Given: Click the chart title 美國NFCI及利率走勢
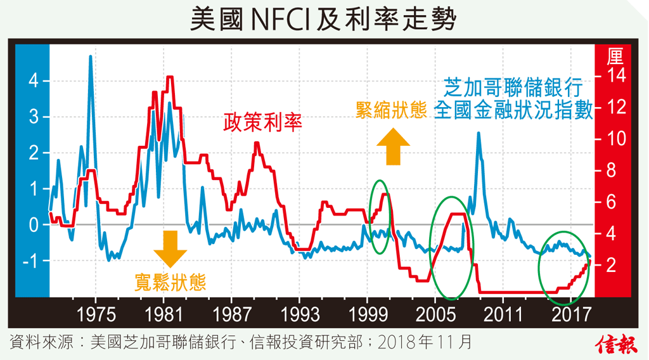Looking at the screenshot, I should tap(324, 20).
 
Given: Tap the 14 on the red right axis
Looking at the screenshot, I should tap(615, 75).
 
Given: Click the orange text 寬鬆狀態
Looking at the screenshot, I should tap(170, 281).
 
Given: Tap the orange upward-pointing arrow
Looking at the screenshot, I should tap(394, 146).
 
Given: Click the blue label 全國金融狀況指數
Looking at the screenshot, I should tap(513, 110).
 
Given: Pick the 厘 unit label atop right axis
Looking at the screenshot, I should tap(615, 57).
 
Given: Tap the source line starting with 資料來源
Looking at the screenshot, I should tap(241, 343).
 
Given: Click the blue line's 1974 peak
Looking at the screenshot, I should tap(91, 57).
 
